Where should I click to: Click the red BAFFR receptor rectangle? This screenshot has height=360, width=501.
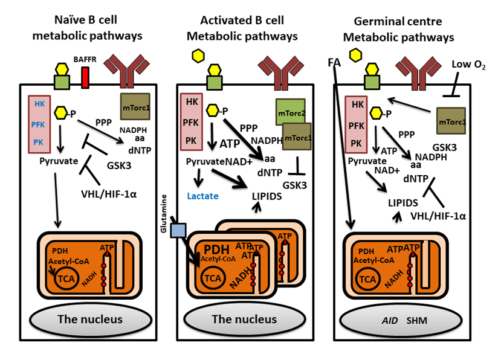click(86, 77)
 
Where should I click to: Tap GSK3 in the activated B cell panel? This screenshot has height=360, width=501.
click(297, 184)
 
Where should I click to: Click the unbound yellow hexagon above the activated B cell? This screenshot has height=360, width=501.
click(197, 56)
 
